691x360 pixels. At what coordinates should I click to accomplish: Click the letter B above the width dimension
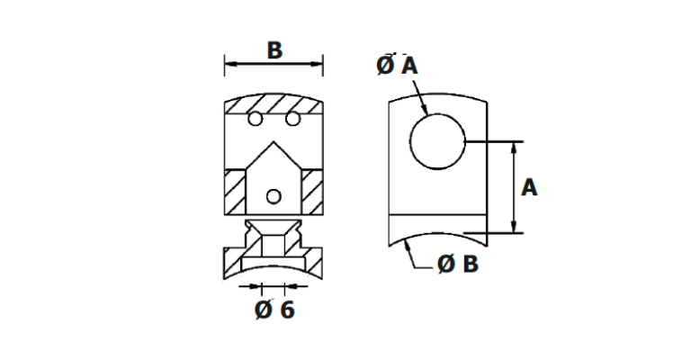274,50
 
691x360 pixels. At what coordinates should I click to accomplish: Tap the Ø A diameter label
397,66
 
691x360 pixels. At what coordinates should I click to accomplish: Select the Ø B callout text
458,265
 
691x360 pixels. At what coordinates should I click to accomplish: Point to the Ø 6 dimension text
274,310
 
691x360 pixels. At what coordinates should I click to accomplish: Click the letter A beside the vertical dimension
529,188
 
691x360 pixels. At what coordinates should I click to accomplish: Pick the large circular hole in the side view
437,141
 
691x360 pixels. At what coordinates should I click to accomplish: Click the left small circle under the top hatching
256,119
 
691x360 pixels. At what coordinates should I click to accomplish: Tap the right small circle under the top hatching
292,119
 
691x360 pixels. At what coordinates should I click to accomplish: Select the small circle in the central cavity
274,196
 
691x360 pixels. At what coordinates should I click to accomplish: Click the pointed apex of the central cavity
274,142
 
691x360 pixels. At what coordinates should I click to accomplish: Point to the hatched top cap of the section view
274,104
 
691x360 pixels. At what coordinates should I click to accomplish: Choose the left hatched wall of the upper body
235,192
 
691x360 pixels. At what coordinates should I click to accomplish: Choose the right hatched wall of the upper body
312,192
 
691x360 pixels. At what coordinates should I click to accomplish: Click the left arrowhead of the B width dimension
230,64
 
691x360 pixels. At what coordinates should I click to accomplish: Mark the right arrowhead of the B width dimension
317,64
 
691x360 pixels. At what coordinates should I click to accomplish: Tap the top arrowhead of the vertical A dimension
514,148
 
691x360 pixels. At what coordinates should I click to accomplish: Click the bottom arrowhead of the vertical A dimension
514,227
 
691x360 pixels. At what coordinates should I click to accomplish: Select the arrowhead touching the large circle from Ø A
424,110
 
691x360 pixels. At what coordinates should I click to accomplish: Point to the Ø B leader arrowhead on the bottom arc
408,245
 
